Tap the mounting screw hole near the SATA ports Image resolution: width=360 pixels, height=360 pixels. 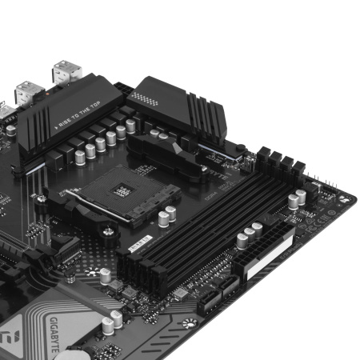point(189,324)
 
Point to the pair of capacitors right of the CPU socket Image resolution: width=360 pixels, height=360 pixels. point(167,217)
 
